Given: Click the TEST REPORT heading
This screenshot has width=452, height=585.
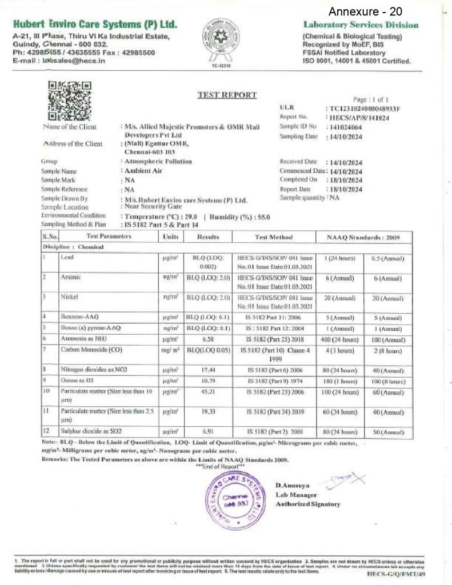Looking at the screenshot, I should click(227, 95).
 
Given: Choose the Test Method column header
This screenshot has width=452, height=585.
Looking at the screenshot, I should click(273, 237).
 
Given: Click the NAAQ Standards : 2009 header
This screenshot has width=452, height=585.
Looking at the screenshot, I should click(363, 237).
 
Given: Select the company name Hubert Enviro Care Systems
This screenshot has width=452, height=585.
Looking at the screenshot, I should click(94, 25).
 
